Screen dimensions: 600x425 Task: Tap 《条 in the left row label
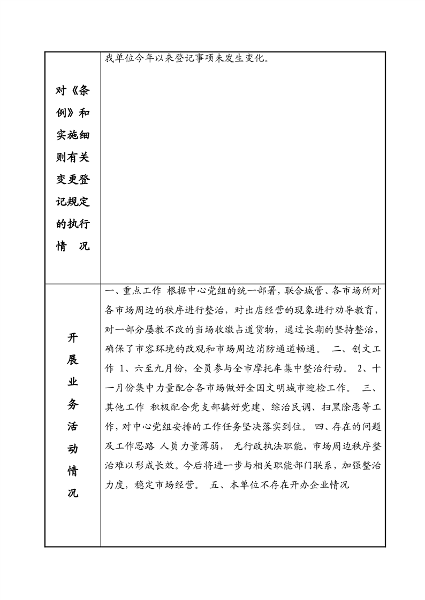click(x=79, y=91)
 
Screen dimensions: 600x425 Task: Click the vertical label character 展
click(x=73, y=359)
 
